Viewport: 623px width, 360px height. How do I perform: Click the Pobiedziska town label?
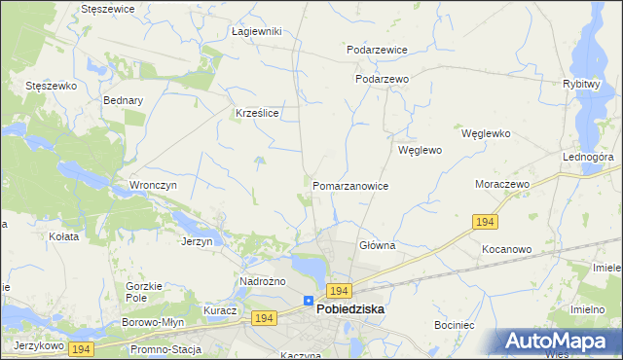click(x=350, y=309)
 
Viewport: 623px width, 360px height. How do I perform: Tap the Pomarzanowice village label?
click(x=350, y=185)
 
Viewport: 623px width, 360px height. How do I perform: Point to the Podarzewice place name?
click(x=377, y=49)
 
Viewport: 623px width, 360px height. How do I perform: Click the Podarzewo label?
click(x=382, y=79)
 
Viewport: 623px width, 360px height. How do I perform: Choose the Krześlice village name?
click(x=258, y=113)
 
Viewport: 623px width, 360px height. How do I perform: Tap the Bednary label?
click(x=123, y=99)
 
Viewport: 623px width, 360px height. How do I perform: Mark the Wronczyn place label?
click(x=152, y=184)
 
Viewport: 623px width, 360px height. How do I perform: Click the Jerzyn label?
click(x=197, y=241)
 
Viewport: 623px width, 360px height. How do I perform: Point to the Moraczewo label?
click(x=501, y=184)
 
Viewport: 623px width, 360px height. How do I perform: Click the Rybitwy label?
click(x=580, y=84)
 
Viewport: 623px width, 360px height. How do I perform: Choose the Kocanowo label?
click(x=506, y=249)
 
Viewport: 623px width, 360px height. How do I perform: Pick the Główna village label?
click(x=377, y=245)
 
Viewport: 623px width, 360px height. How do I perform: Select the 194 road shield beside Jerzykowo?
click(x=80, y=348)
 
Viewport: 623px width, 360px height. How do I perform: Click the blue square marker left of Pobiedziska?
click(x=309, y=301)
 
